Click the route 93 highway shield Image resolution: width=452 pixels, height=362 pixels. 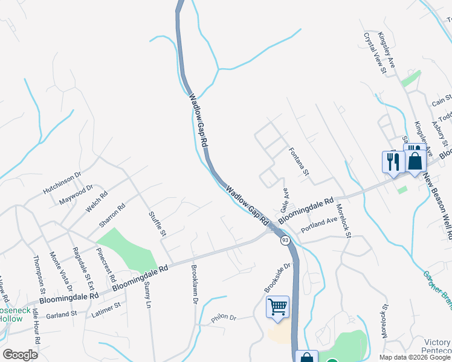pyautogui.click(x=283, y=240)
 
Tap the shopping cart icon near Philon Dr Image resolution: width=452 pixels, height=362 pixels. pyautogui.click(x=277, y=307)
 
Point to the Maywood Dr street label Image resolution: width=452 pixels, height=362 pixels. pyautogui.click(x=76, y=194)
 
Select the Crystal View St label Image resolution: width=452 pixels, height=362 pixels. pyautogui.click(x=374, y=53)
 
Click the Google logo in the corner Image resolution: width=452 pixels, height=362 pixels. pyautogui.click(x=20, y=355)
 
